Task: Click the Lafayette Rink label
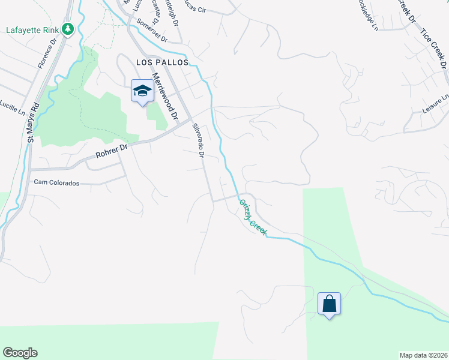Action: pyautogui.click(x=33, y=29)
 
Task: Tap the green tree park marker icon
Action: pyautogui.click(x=68, y=29)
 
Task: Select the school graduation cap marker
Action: pyautogui.click(x=142, y=91)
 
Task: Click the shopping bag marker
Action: pyautogui.click(x=329, y=304)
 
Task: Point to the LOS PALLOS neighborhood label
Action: pyautogui.click(x=162, y=62)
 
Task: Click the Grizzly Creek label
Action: pyautogui.click(x=253, y=217)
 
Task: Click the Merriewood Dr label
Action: pyautogui.click(x=166, y=95)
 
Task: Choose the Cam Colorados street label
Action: pyautogui.click(x=56, y=182)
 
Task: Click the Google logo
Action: pyautogui.click(x=20, y=353)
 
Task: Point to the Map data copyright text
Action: pyautogui.click(x=424, y=355)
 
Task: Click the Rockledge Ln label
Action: pyautogui.click(x=367, y=14)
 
